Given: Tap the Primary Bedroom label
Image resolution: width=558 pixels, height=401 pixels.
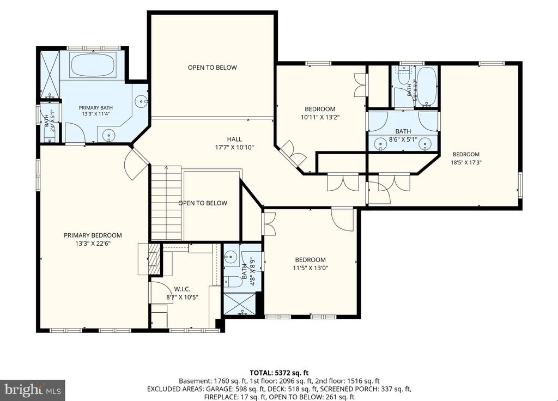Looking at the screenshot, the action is click(x=93, y=235).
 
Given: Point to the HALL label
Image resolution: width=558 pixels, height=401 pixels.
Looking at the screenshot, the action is click(x=234, y=139).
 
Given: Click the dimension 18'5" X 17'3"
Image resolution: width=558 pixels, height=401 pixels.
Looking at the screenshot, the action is click(x=466, y=162).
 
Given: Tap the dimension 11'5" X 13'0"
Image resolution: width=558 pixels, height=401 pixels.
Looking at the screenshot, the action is click(x=310, y=268).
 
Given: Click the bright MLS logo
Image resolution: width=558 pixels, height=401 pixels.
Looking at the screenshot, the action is click(x=32, y=390).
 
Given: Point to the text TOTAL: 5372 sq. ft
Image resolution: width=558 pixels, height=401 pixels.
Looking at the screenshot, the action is click(x=279, y=373).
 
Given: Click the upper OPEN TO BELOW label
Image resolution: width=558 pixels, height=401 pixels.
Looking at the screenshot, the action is click(x=212, y=68).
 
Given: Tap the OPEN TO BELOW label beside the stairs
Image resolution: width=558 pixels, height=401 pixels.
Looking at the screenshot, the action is click(x=203, y=203).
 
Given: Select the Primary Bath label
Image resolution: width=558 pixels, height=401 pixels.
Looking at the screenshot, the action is click(x=96, y=108).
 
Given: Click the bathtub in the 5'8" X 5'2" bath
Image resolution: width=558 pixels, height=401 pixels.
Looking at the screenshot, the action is click(x=426, y=87).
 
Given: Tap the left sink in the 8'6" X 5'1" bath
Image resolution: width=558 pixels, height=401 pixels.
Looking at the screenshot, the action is click(x=381, y=144).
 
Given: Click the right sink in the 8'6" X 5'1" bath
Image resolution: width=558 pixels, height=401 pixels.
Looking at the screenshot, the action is click(x=424, y=144).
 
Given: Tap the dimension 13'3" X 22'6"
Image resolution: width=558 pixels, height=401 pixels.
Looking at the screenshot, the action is click(x=93, y=244).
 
